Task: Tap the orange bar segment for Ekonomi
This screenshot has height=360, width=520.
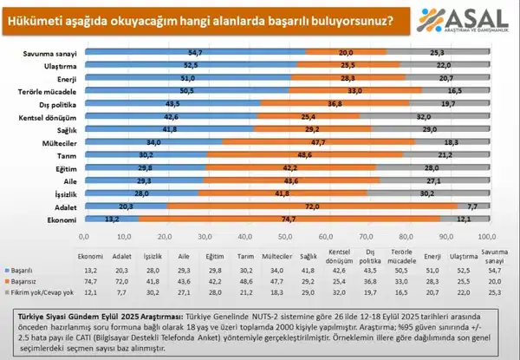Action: tap(287, 220)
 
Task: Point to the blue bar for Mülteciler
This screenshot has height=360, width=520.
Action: tap(153, 142)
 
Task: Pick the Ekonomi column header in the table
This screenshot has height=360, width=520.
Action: tap(91, 257)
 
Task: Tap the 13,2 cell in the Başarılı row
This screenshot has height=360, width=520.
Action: tap(91, 272)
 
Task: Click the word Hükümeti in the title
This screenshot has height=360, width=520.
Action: tap(38, 18)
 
